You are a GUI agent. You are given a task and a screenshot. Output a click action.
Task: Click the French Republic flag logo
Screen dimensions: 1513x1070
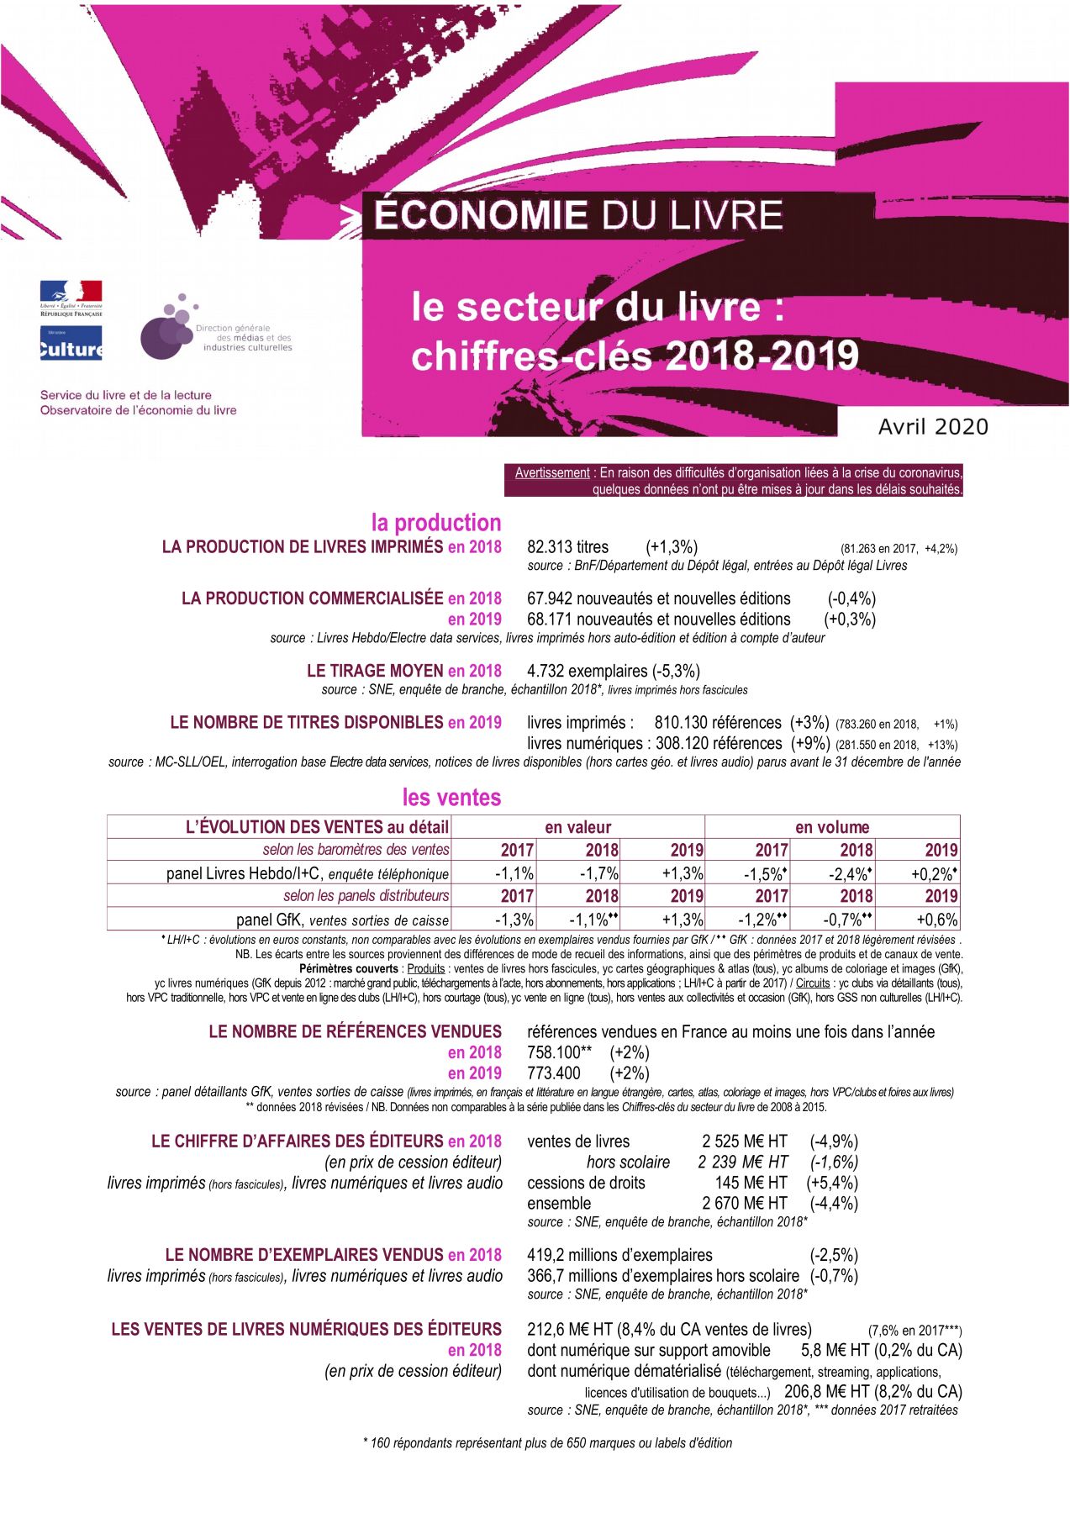tap(71, 298)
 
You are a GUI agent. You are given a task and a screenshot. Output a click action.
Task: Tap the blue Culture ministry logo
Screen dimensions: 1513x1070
tap(71, 344)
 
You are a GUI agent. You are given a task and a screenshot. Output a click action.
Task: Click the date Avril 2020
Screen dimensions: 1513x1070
tap(933, 427)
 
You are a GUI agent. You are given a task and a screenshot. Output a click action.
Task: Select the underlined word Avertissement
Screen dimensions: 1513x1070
tap(552, 473)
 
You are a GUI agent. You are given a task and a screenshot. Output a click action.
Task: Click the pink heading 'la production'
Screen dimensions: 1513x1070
tap(435, 523)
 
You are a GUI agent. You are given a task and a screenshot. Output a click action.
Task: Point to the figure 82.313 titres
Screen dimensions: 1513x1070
tap(567, 547)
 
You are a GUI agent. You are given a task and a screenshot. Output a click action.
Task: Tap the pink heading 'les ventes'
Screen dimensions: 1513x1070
tap(451, 797)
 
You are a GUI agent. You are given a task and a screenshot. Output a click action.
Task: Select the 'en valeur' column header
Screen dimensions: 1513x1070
tap(577, 827)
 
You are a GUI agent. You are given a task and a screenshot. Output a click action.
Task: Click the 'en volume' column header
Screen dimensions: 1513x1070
tap(832, 827)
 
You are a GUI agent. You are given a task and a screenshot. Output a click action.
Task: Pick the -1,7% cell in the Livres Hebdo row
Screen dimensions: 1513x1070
tap(599, 873)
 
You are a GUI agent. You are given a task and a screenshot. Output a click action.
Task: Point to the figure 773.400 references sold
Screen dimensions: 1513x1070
tap(553, 1073)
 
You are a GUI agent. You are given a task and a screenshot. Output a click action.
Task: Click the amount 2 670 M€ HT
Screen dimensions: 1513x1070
tap(745, 1204)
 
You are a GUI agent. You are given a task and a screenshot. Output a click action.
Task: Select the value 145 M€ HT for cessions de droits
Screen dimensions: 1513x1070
tap(751, 1183)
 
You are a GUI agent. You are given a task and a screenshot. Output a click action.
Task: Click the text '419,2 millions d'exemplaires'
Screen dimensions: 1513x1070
tap(619, 1255)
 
